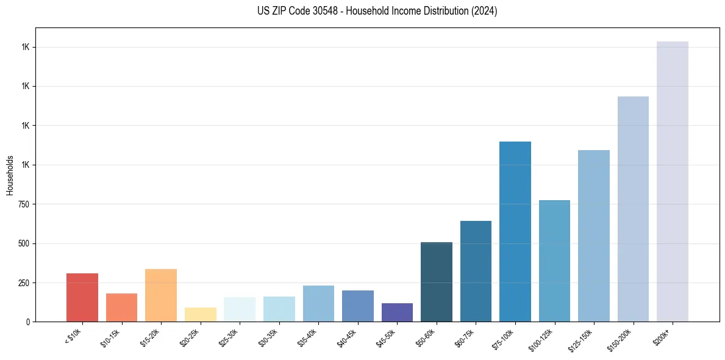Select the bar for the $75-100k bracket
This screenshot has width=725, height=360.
[515, 231]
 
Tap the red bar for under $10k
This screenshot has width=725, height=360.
[82, 297]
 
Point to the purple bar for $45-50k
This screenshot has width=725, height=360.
[397, 312]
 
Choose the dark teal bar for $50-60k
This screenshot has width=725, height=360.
[437, 282]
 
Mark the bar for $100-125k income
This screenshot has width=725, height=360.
[554, 261]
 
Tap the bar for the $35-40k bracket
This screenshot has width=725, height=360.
[318, 303]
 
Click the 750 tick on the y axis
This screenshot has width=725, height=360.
[24, 204]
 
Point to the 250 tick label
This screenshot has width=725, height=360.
[24, 283]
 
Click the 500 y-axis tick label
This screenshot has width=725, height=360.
[24, 243]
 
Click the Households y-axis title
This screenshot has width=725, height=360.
[10, 175]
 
